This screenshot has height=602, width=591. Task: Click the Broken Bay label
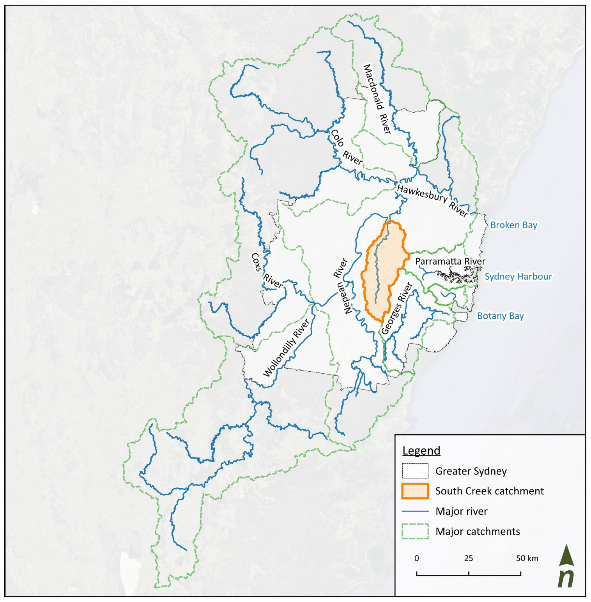[x=513, y=225]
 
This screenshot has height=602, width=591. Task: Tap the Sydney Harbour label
[x=518, y=277]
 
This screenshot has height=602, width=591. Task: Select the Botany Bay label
[x=500, y=316]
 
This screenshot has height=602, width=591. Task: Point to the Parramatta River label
[x=450, y=261]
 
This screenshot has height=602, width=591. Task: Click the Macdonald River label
[x=377, y=99]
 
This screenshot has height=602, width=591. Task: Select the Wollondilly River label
[x=286, y=348]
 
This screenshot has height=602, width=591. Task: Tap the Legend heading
[x=421, y=451]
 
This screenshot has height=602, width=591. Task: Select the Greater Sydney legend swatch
[x=415, y=471]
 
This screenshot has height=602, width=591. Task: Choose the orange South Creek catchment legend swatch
[x=415, y=491]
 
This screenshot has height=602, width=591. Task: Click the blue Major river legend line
[x=415, y=511]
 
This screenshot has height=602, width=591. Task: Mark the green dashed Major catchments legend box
[x=415, y=531]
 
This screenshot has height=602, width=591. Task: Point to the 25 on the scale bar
[x=468, y=558]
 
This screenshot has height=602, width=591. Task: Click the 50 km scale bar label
[x=527, y=558]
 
